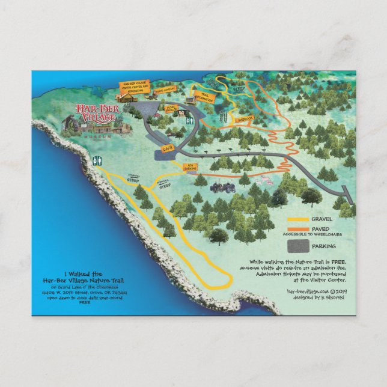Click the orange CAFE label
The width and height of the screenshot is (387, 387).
[168, 147]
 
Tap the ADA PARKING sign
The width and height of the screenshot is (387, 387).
[190, 168]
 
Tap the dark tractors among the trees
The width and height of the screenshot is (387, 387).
[222, 188]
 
